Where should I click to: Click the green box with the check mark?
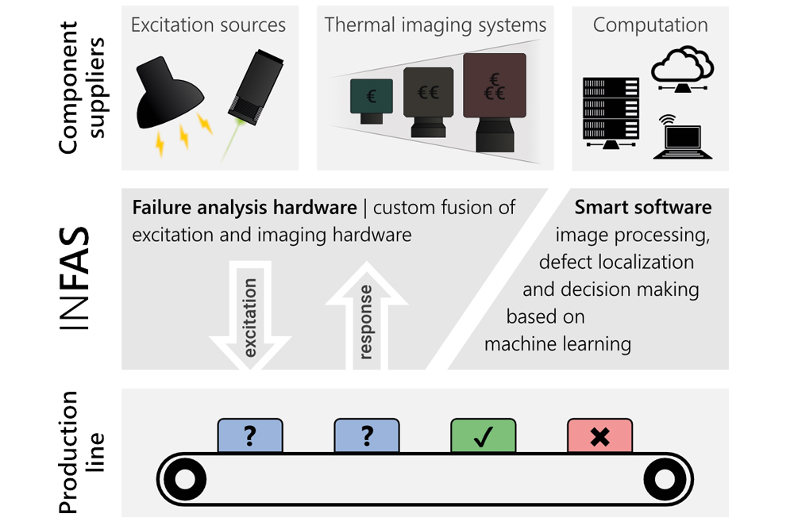[x=483, y=436]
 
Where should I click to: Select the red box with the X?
[x=599, y=436]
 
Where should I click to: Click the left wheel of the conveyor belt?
[x=183, y=479]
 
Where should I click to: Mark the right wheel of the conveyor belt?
[x=664, y=479]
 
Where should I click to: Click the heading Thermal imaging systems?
[x=435, y=25]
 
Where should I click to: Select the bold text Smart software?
[x=643, y=208]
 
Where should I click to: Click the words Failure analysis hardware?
[x=245, y=208]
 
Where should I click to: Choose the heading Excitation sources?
[x=208, y=25]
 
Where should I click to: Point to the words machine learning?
[x=557, y=344]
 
